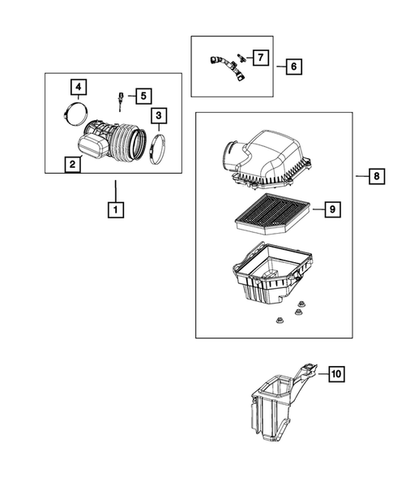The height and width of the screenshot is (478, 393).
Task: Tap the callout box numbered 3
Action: point(159,116)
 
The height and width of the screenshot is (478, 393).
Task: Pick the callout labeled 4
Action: point(78,87)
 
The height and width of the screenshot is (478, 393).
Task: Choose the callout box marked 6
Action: point(293,67)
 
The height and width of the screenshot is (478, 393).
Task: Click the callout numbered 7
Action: point(259,58)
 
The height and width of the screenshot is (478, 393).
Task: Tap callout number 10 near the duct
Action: point(335,374)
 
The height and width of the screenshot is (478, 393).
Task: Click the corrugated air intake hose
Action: point(122,143)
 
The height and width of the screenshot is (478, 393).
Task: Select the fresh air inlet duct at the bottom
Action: point(278,406)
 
